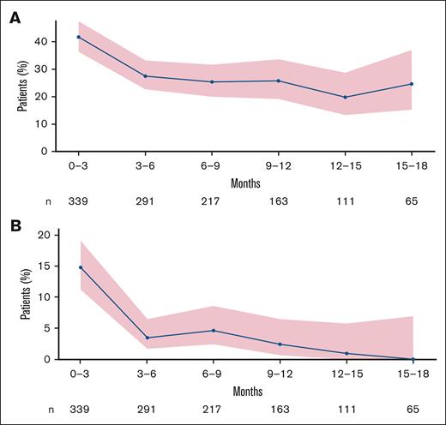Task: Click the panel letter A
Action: (15, 17)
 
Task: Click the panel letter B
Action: (15, 226)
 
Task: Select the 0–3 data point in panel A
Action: (79, 37)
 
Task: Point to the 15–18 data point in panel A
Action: (412, 84)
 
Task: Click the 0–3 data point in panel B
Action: (79, 267)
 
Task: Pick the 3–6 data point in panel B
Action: (146, 338)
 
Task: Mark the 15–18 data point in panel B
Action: (412, 359)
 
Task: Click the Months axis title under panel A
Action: (245, 183)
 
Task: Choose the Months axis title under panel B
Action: (245, 391)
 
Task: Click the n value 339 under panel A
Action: (79, 203)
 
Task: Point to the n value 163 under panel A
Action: (279, 203)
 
